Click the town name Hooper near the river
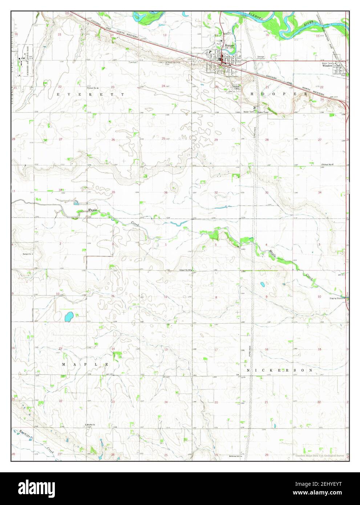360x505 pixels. point(229,45)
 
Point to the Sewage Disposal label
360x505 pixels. point(261,57)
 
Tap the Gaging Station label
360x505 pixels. point(337,298)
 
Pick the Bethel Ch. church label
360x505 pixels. point(27,254)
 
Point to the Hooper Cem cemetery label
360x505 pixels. point(236,87)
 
